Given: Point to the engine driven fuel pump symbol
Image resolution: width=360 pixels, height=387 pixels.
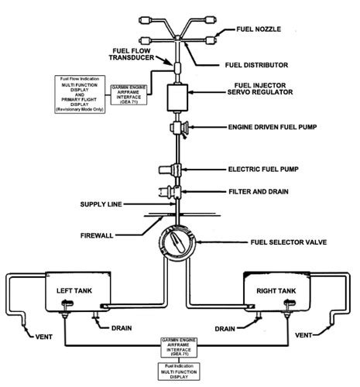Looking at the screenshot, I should click(181, 127).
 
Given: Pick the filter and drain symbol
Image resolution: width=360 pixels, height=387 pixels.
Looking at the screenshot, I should click(177, 190).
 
